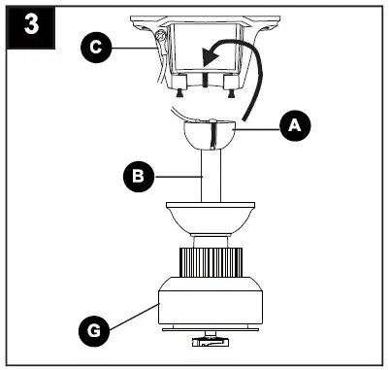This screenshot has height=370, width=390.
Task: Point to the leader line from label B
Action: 175,177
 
